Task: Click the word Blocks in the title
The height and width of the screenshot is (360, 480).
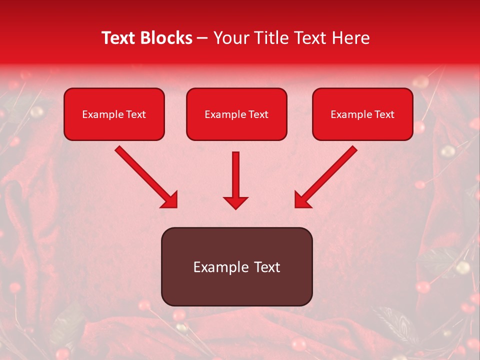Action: pos(166,38)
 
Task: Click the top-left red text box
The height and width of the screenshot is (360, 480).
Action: pos(114,114)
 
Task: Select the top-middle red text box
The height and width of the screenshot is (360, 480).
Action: pos(236,114)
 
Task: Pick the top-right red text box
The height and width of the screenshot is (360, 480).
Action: pos(362,114)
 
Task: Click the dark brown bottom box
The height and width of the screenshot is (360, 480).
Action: pos(236,266)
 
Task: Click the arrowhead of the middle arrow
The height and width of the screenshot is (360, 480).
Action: pos(235,202)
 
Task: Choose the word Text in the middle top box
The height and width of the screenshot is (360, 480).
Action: pos(258,114)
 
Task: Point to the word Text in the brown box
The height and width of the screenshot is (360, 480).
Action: pos(266,267)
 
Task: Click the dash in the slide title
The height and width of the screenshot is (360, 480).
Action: pos(203,38)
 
